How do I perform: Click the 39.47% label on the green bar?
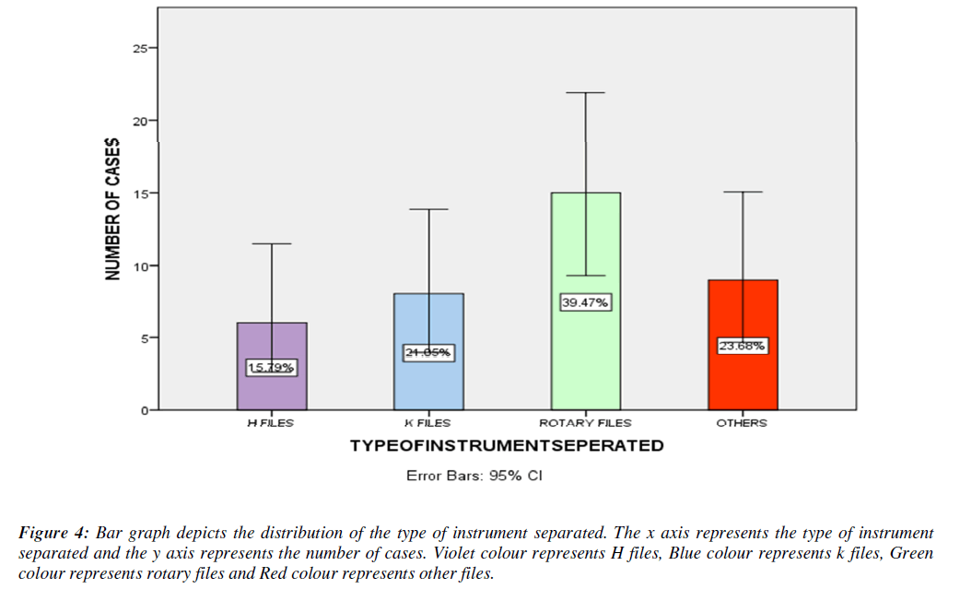click(585, 302)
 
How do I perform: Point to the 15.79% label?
click(272, 368)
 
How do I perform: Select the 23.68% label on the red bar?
click(743, 346)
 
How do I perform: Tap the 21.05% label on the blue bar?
click(428, 353)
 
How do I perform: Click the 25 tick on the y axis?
click(139, 48)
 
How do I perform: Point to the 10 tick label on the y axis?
click(139, 265)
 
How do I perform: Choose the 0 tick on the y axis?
click(143, 410)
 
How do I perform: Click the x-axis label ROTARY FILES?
click(585, 423)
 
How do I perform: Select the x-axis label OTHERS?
click(742, 423)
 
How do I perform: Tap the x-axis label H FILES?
click(271, 423)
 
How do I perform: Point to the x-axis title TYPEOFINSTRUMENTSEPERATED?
click(506, 446)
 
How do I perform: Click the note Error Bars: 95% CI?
click(474, 477)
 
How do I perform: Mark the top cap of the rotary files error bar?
click(585, 93)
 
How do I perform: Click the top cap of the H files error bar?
click(272, 243)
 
